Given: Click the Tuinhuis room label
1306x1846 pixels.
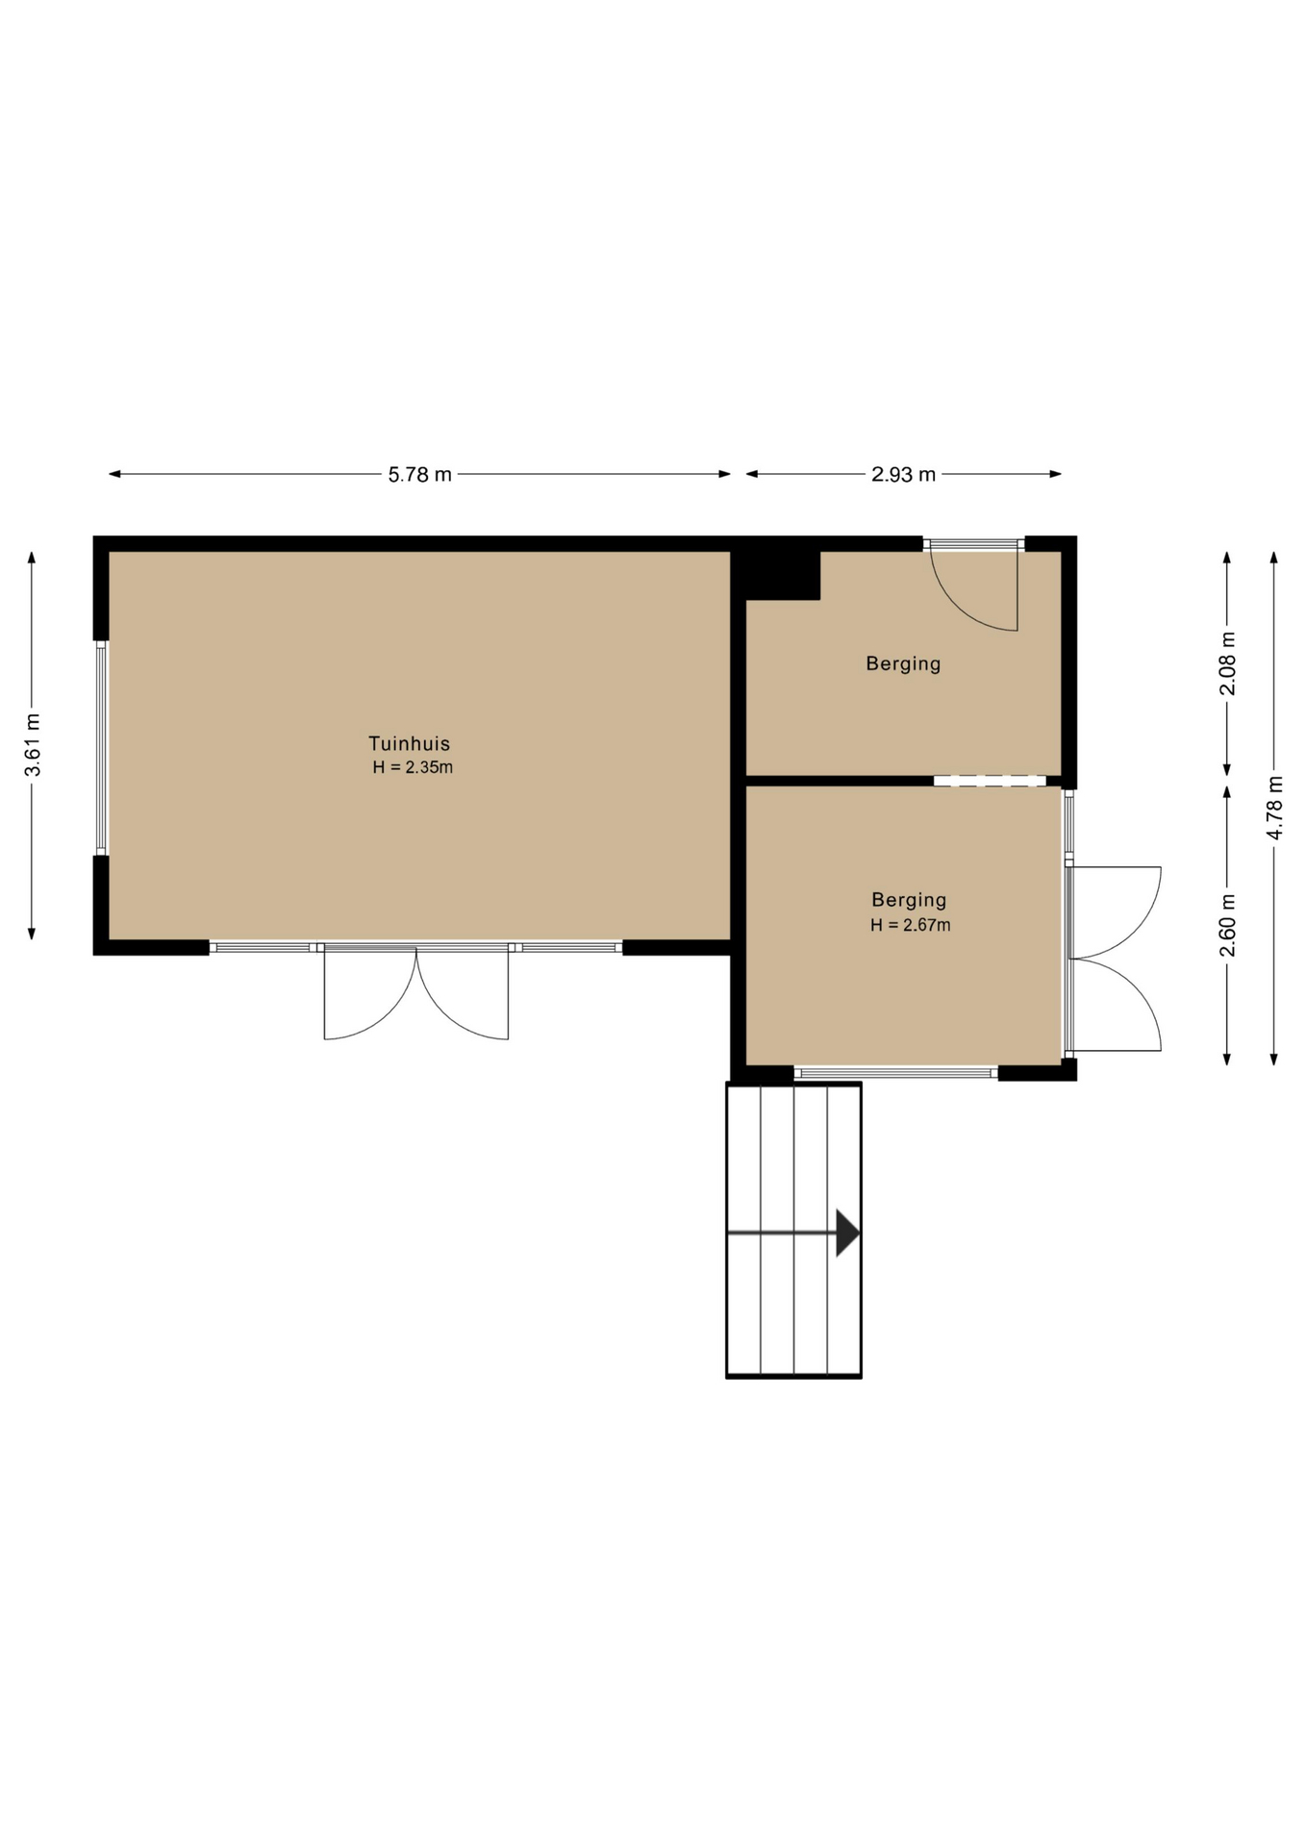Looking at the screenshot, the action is pyautogui.click(x=409, y=743).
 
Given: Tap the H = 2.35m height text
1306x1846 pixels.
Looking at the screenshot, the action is pyautogui.click(x=413, y=767).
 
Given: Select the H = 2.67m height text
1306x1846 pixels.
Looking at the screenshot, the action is pyautogui.click(x=910, y=925).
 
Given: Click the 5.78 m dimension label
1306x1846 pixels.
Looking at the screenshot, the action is pyautogui.click(x=419, y=474).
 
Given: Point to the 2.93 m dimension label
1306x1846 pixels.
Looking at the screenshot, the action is pyautogui.click(x=903, y=474).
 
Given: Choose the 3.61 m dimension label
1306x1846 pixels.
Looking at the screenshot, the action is pyautogui.click(x=32, y=745).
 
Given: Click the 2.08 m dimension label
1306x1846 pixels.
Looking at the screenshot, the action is pyautogui.click(x=1227, y=663).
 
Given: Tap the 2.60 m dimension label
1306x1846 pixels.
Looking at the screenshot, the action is pyautogui.click(x=1227, y=926).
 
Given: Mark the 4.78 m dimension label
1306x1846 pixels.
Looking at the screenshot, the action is pyautogui.click(x=1274, y=808).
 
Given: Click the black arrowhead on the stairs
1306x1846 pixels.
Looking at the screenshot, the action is pyautogui.click(x=846, y=1233).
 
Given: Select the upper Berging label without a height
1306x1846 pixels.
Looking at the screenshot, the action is pyautogui.click(x=903, y=663).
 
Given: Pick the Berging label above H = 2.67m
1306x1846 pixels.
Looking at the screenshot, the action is pyautogui.click(x=909, y=900).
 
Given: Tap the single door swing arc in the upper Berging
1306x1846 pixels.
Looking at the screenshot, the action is pyautogui.click(x=957, y=608).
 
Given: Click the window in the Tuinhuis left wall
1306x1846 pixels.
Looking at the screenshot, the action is pyautogui.click(x=101, y=747).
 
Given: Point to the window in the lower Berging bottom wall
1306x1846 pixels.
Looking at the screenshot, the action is pyautogui.click(x=896, y=1072).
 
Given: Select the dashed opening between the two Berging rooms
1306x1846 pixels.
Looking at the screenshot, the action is pyautogui.click(x=990, y=781).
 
